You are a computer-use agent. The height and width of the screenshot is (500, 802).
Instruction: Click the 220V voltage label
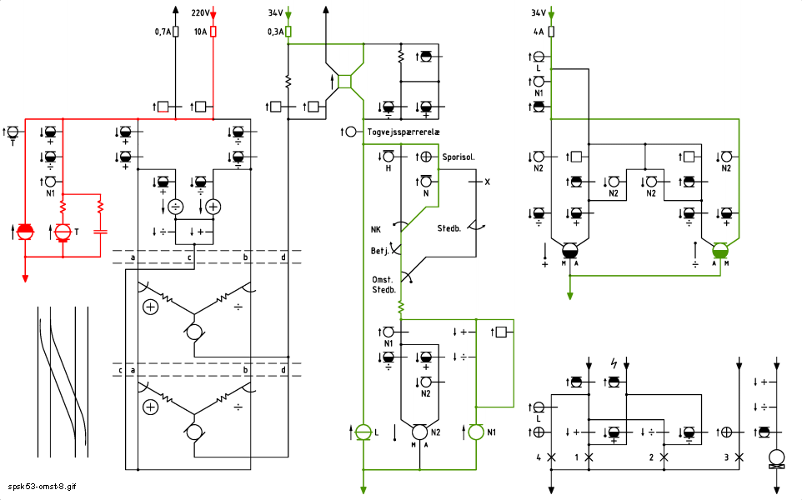point(200,12)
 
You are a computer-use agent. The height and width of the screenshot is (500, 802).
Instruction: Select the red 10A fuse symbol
point(213,32)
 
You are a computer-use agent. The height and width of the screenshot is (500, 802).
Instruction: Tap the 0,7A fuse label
point(163,32)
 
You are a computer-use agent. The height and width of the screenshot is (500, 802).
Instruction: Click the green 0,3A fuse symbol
point(288,32)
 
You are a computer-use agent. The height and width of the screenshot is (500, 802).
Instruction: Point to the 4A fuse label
point(539,32)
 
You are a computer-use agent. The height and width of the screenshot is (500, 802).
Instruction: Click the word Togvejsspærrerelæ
point(404,132)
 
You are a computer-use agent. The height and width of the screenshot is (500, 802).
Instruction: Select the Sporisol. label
point(459,157)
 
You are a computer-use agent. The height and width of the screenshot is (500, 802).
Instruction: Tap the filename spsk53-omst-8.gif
point(42,486)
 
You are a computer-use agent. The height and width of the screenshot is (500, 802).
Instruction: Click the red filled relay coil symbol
point(25,232)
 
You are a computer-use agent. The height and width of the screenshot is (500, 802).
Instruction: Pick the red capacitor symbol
point(100,232)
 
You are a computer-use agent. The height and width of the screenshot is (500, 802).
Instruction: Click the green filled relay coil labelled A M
point(720,251)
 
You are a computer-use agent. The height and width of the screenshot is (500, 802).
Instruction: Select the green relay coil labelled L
point(363,432)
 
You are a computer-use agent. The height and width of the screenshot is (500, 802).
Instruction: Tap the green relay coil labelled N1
point(476,432)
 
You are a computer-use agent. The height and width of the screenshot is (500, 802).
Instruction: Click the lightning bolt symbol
point(614,363)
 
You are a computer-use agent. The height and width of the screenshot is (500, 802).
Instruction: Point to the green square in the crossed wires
point(345,82)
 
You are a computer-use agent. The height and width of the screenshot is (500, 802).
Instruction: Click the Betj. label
point(380,251)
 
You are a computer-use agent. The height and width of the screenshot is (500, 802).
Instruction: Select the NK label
point(376,229)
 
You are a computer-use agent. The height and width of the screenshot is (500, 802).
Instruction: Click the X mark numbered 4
point(551,457)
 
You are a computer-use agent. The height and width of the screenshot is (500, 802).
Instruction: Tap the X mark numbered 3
point(739,457)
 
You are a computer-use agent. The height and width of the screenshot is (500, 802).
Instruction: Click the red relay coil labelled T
point(63,232)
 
